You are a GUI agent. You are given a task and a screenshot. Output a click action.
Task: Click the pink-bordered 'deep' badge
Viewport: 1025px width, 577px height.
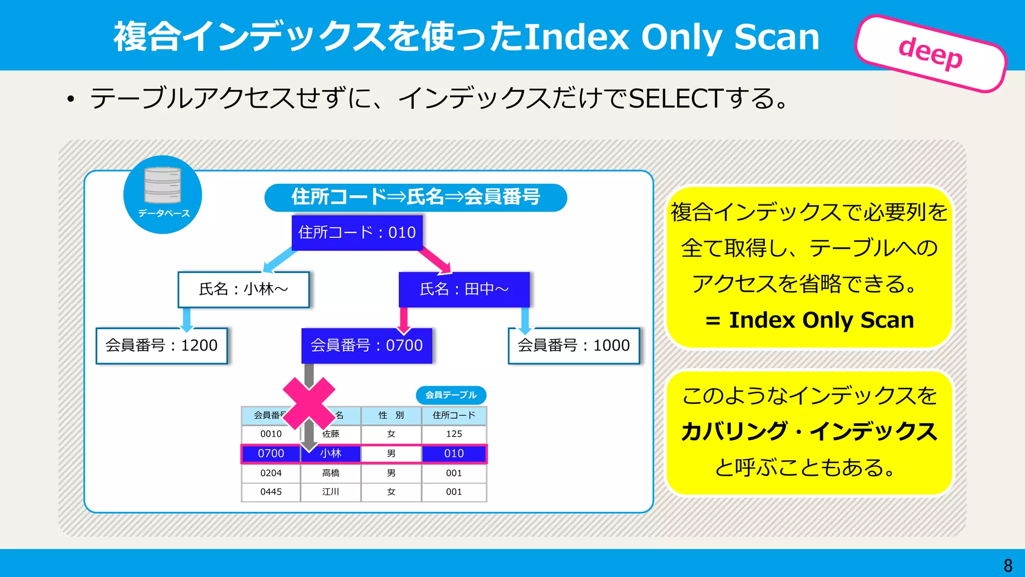pyautogui.click(x=931, y=54)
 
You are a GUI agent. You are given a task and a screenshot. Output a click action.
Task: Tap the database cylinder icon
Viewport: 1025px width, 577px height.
pyautogui.click(x=163, y=185)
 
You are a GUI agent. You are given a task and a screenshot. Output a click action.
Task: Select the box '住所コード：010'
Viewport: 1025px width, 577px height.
pyautogui.click(x=357, y=232)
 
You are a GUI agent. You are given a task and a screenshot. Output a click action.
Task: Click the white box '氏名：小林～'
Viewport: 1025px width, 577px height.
pyautogui.click(x=243, y=290)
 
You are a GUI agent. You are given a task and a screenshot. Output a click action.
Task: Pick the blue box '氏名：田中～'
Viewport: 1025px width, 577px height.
pyautogui.click(x=464, y=290)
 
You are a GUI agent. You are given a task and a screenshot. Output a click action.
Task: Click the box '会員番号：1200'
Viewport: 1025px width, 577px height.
pyautogui.click(x=162, y=346)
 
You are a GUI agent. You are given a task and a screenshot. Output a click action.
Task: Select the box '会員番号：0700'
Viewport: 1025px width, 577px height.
pyautogui.click(x=366, y=346)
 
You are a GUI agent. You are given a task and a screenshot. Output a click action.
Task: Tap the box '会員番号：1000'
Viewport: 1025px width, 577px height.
pyautogui.click(x=574, y=346)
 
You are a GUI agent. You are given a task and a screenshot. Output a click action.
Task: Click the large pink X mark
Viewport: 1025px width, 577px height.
pyautogui.click(x=309, y=403)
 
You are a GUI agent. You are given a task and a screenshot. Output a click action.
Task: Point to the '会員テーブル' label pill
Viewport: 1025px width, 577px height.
pyautogui.click(x=451, y=395)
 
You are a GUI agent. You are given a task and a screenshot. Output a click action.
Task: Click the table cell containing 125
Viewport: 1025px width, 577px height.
pyautogui.click(x=454, y=434)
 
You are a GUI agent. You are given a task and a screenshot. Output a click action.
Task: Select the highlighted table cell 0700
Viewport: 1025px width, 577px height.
pyautogui.click(x=271, y=454)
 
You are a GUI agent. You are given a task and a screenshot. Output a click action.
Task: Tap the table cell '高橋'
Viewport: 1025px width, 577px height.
pyautogui.click(x=331, y=473)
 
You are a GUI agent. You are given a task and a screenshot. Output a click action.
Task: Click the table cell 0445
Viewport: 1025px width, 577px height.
pyautogui.click(x=271, y=492)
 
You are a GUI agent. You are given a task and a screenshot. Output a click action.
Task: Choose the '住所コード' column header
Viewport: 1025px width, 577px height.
pyautogui.click(x=454, y=415)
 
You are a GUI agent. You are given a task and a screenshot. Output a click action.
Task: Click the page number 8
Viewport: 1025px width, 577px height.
pyautogui.click(x=1008, y=565)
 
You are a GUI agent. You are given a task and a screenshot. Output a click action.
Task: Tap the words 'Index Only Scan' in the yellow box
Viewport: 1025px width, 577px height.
pyautogui.click(x=821, y=320)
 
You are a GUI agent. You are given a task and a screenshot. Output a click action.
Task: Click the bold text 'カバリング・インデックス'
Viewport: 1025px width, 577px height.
pyautogui.click(x=809, y=431)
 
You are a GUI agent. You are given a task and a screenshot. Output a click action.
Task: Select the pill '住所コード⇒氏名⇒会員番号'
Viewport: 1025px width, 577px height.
pyautogui.click(x=415, y=197)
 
